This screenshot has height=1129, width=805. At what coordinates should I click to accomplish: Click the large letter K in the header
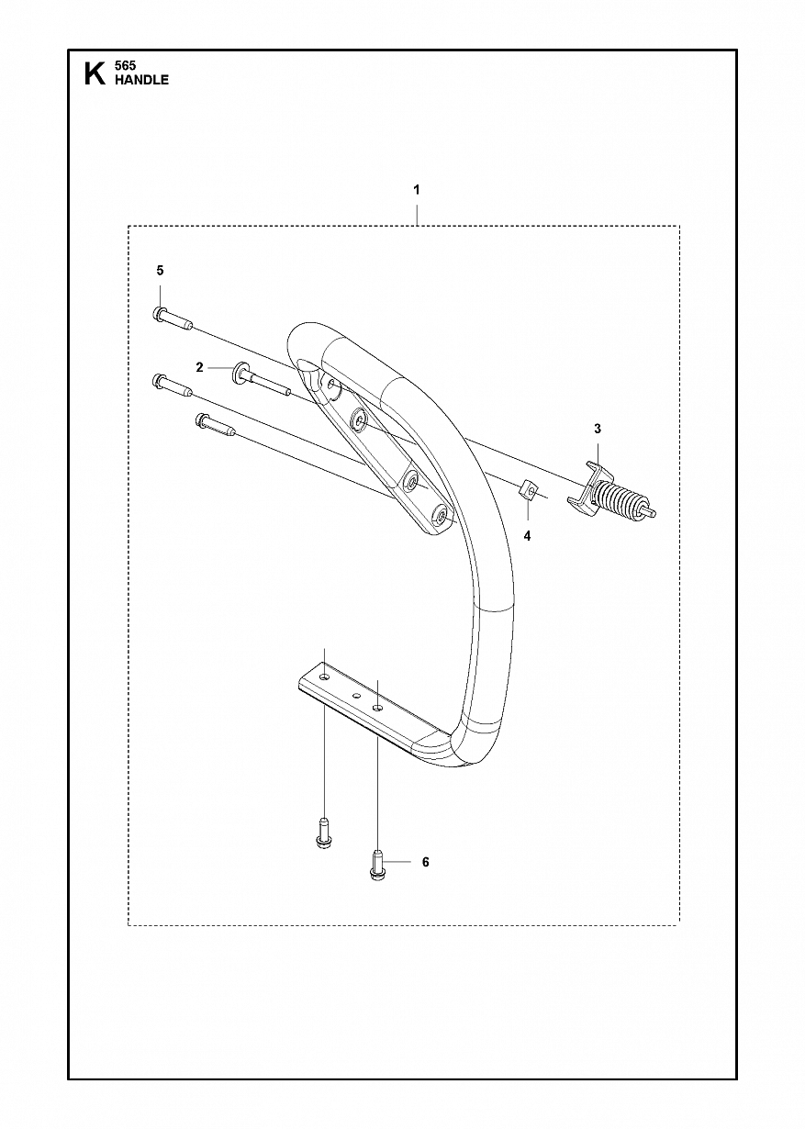[95, 73]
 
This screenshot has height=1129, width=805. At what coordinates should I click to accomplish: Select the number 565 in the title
[125, 65]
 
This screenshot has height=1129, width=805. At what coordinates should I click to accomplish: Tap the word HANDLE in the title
[141, 80]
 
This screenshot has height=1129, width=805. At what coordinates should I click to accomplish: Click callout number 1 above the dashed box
[417, 190]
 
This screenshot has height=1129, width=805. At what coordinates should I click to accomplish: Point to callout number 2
[199, 368]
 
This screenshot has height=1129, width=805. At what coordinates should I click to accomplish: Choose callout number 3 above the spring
[598, 429]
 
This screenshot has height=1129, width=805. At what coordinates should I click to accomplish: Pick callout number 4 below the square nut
[527, 536]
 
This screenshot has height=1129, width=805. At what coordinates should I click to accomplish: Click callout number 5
[160, 271]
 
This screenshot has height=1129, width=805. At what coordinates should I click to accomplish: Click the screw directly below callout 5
[172, 319]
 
